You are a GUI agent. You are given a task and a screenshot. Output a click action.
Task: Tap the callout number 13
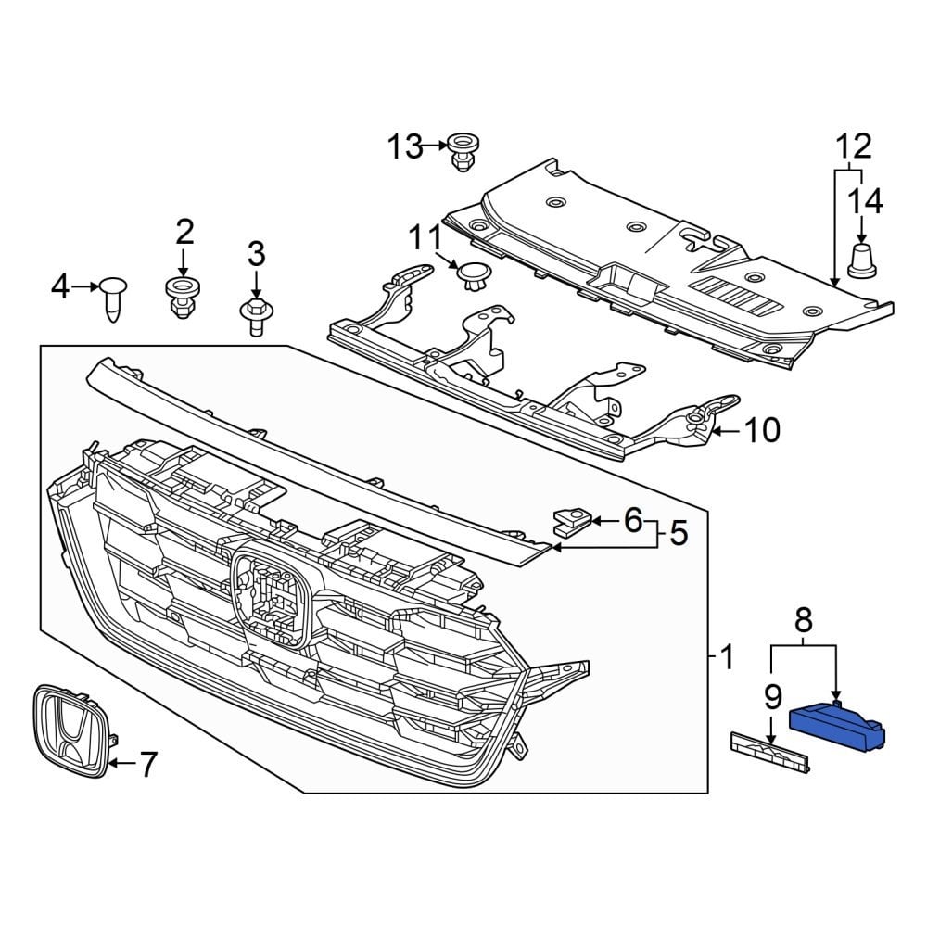tap(404, 146)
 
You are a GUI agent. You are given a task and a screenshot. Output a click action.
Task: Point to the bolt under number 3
tap(255, 315)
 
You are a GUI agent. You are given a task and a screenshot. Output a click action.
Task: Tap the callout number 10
tap(762, 430)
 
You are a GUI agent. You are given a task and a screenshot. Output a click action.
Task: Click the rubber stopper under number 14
tap(863, 260)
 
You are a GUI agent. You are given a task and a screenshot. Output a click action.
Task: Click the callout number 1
tap(727, 658)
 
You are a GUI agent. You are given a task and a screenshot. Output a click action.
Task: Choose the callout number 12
tap(854, 146)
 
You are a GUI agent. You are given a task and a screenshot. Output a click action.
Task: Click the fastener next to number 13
tap(461, 151)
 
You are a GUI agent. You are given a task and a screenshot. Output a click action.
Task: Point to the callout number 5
tap(679, 534)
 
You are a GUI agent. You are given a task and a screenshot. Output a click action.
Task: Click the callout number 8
tap(804, 618)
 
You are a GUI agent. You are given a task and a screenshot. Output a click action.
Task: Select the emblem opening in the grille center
tap(271, 599)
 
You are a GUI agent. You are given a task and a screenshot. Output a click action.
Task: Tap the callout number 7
tap(146, 765)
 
